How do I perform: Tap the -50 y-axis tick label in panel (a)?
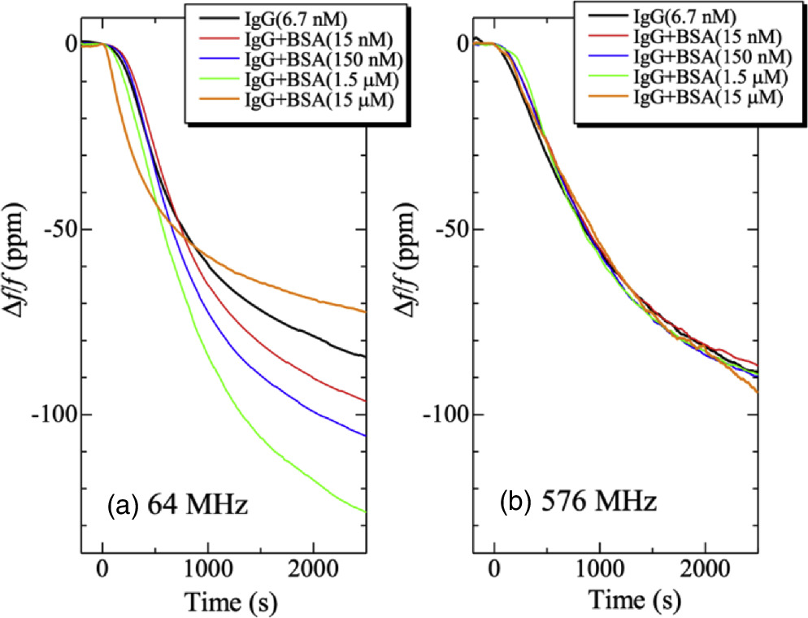[x=67, y=230]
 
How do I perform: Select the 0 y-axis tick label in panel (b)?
[x=462, y=43]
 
